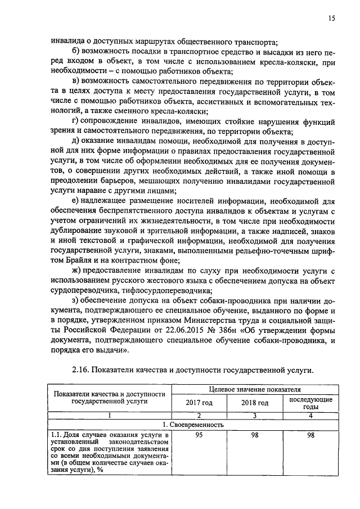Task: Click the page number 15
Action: point(332,19)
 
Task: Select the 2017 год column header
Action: point(199,403)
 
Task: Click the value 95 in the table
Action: point(199,435)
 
